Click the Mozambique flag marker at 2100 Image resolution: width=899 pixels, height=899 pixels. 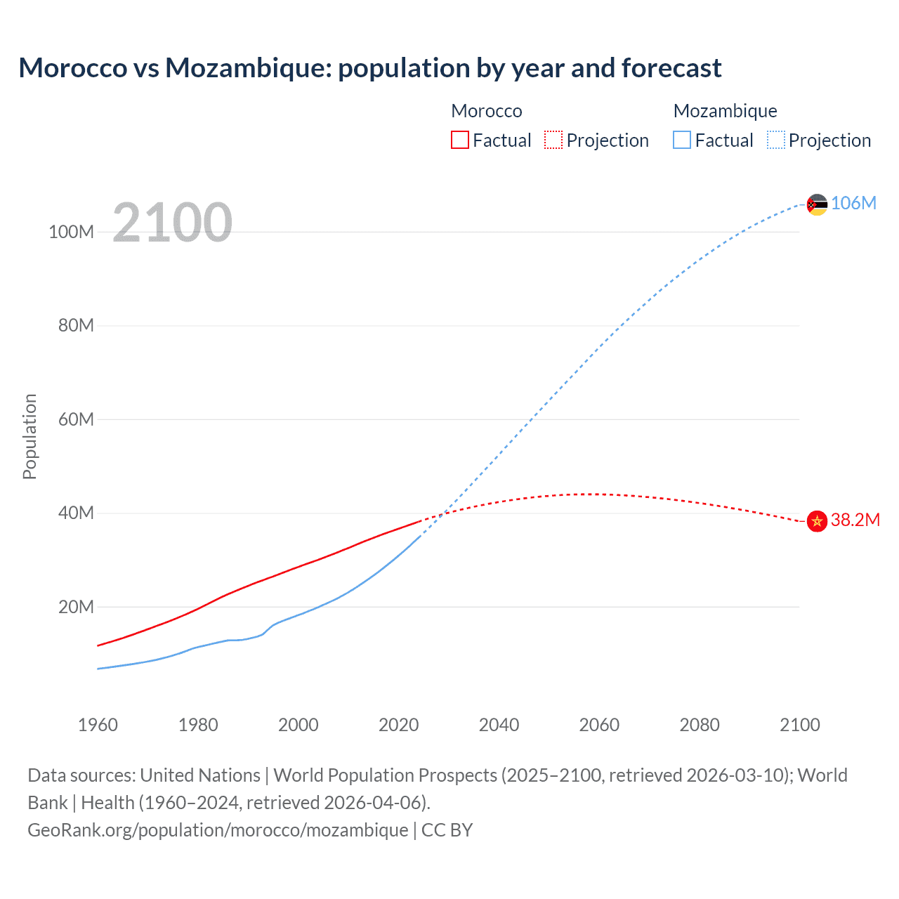[x=817, y=204]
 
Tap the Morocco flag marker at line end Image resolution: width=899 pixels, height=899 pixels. [x=817, y=521]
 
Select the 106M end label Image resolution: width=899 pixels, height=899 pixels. [x=853, y=203]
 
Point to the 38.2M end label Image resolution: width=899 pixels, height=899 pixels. [x=855, y=520]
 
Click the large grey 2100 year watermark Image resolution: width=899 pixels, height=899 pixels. [x=172, y=222]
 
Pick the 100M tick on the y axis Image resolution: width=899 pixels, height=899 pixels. [x=71, y=232]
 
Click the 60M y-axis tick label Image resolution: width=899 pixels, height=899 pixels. [x=76, y=419]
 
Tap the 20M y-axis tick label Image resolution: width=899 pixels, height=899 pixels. [x=76, y=607]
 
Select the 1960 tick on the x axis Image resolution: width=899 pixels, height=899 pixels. [x=98, y=725]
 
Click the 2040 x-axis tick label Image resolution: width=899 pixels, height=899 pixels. [x=499, y=725]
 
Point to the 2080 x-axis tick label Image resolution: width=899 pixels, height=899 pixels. [x=700, y=725]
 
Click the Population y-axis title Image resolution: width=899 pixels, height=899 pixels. [x=29, y=436]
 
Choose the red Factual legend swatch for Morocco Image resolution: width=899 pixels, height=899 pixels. [x=459, y=140]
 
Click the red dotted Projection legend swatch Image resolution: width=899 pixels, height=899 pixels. [x=553, y=140]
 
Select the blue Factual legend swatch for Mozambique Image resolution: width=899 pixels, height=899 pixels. [x=682, y=140]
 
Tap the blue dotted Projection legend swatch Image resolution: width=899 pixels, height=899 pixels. [x=775, y=140]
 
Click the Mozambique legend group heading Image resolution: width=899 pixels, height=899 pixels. [x=725, y=111]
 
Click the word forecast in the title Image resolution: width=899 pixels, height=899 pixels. [x=671, y=68]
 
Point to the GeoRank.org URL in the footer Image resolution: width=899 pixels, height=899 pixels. [x=218, y=830]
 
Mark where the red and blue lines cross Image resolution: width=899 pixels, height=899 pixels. [x=442, y=514]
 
